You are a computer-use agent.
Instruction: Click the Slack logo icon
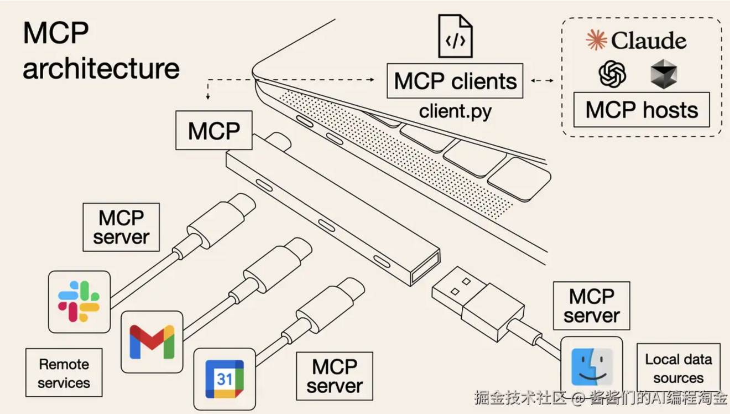pyautogui.click(x=79, y=301)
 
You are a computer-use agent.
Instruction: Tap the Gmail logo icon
pyautogui.click(x=152, y=341)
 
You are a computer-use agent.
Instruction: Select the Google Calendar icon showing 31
pyautogui.click(x=224, y=379)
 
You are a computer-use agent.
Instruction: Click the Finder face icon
pyautogui.click(x=592, y=367)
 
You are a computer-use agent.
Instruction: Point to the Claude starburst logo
pyautogui.click(x=596, y=41)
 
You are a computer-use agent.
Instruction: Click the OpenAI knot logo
pyautogui.click(x=613, y=74)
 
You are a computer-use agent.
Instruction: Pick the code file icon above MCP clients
pyautogui.click(x=455, y=36)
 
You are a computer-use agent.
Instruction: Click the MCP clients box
pyautogui.click(x=455, y=81)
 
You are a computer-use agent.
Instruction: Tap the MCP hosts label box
pyautogui.click(x=642, y=110)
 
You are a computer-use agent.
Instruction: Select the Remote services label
pyautogui.click(x=64, y=374)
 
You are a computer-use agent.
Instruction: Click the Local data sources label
pyautogui.click(x=678, y=369)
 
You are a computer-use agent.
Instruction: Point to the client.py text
pyautogui.click(x=455, y=111)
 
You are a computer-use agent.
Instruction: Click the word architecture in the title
pyautogui.click(x=101, y=69)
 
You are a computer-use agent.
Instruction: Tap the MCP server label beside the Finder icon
pyautogui.click(x=592, y=306)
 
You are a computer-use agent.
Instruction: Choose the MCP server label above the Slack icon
pyautogui.click(x=121, y=227)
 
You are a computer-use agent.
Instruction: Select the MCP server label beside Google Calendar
pyautogui.click(x=334, y=376)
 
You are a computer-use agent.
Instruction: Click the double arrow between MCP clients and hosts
pyautogui.click(x=542, y=81)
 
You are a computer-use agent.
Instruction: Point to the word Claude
pyautogui.click(x=649, y=41)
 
